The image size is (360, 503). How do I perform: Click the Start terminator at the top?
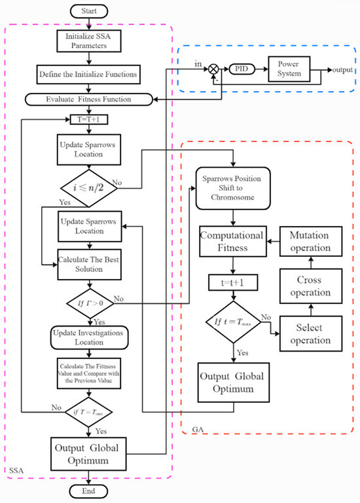(89, 11)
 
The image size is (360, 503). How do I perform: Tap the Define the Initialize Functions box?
(89, 75)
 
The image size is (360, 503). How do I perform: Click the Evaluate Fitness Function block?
(89, 99)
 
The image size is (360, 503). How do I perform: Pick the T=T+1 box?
(89, 119)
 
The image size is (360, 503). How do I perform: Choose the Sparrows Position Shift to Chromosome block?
(233, 188)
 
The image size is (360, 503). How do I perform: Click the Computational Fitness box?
(233, 242)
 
